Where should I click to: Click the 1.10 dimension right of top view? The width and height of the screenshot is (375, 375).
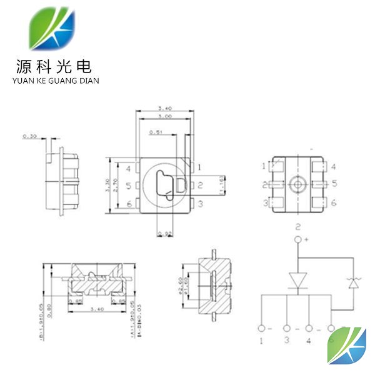(x=223, y=185)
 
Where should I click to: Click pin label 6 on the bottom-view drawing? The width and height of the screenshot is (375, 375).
(x=334, y=203)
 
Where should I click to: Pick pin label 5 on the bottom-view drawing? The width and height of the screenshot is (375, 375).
(x=334, y=184)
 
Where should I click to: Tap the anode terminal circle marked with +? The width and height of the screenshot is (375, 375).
(x=298, y=239)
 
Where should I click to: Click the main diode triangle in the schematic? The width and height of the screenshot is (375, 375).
(x=298, y=279)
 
